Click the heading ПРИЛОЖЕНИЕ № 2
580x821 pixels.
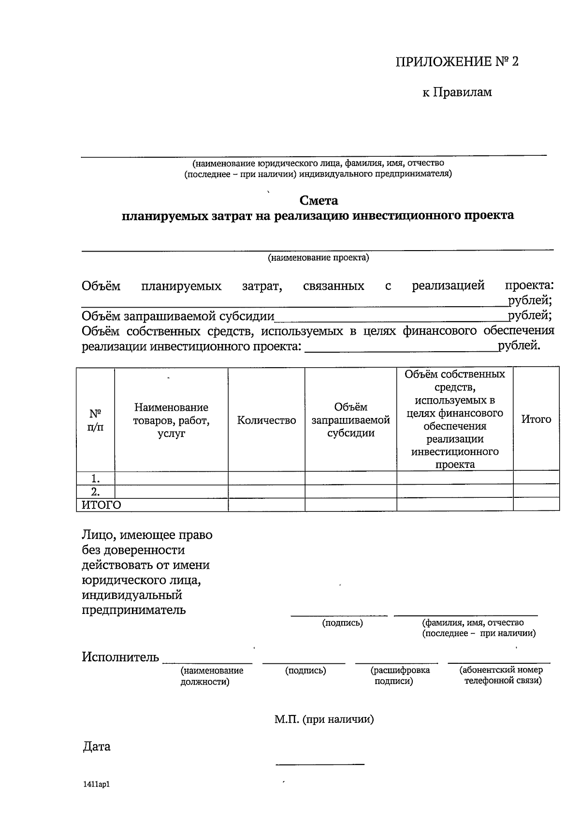click(x=457, y=61)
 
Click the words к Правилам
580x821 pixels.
click(x=457, y=92)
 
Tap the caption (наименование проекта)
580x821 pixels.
click(x=318, y=258)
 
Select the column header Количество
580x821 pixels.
click(x=266, y=420)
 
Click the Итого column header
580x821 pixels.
click(x=536, y=419)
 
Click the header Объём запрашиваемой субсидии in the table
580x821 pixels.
click(x=350, y=420)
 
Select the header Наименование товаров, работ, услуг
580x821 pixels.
click(x=171, y=420)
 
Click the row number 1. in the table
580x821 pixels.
click(x=96, y=478)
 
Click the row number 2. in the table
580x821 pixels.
click(x=96, y=492)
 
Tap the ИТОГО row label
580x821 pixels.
click(x=101, y=505)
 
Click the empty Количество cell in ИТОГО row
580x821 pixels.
click(x=266, y=505)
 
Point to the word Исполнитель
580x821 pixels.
click(x=120, y=657)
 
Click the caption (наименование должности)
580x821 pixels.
click(x=211, y=676)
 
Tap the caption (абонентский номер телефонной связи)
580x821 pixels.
click(x=501, y=675)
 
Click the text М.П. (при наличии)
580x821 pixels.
click(x=324, y=719)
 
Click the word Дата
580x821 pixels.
click(x=97, y=746)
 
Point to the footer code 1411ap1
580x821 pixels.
click(x=96, y=784)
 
